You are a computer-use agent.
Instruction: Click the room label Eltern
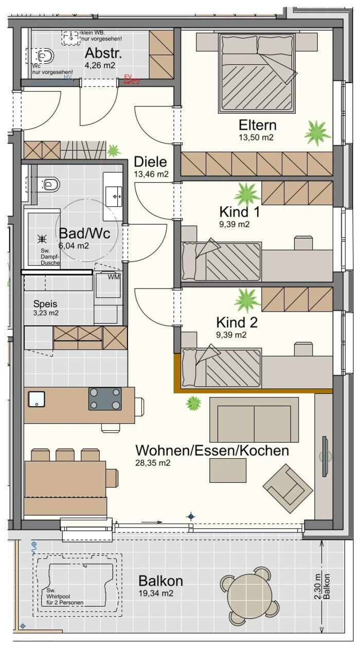tap(257, 125)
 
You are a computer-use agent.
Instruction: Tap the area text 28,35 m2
tap(153, 463)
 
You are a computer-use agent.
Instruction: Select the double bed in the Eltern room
tap(258, 74)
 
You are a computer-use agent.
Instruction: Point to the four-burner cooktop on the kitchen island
tap(105, 399)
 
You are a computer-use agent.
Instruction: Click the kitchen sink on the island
tap(37, 399)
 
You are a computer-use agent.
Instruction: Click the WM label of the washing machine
tap(114, 277)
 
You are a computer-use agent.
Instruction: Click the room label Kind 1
tap(239, 212)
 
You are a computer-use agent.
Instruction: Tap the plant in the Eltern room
tap(317, 133)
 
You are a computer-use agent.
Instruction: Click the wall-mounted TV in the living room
tap(325, 456)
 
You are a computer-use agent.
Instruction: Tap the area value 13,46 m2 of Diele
tap(151, 174)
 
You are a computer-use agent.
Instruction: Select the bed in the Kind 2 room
tap(221, 368)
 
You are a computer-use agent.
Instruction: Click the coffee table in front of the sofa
tap(228, 471)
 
